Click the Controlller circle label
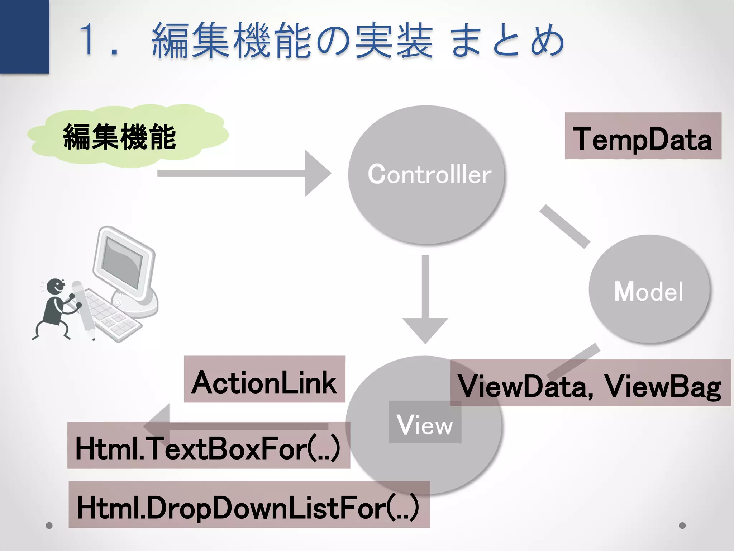pyautogui.click(x=429, y=175)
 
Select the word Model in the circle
pyautogui.click(x=649, y=291)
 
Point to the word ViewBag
pyautogui.click(x=663, y=386)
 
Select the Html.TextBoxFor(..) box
pyautogui.click(x=208, y=446)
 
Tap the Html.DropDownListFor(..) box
pyautogui.click(x=249, y=505)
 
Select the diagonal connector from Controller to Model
pyautogui.click(x=565, y=227)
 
